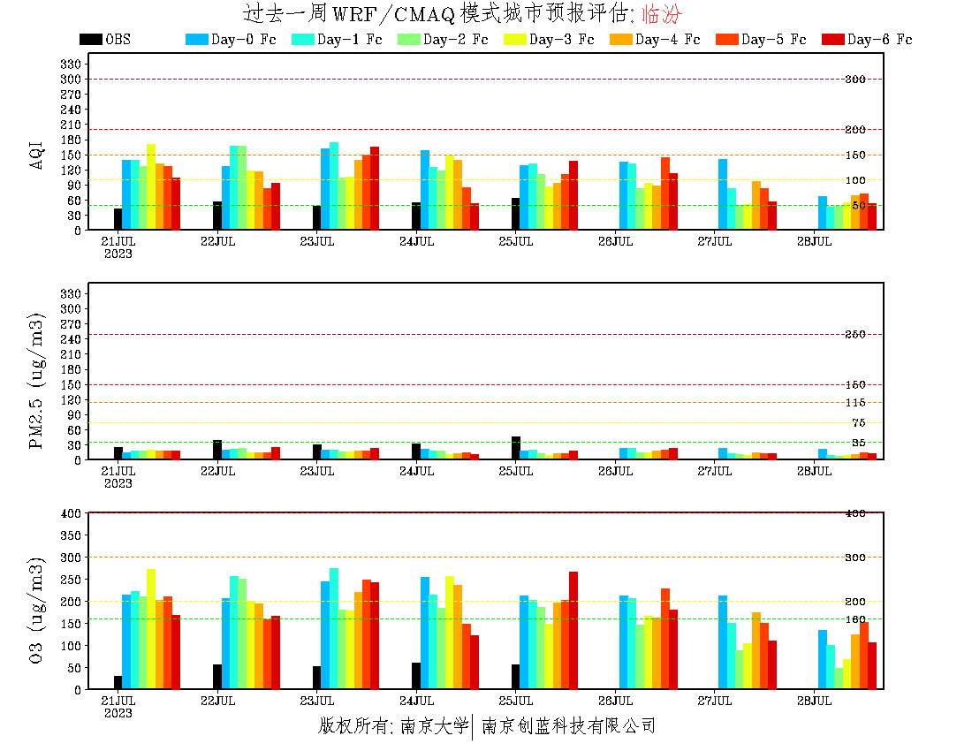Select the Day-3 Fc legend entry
(x=548, y=40)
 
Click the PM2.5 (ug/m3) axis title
(x=37, y=381)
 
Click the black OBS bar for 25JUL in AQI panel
(x=515, y=214)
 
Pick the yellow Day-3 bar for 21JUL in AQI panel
(x=151, y=186)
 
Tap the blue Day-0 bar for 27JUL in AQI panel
(x=723, y=194)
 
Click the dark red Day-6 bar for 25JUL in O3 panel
(x=573, y=630)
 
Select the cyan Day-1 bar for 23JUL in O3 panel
(x=333, y=628)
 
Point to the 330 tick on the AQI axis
(x=71, y=64)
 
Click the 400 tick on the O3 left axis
(x=71, y=512)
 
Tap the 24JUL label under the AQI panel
(x=416, y=241)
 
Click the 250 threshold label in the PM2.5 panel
(x=854, y=335)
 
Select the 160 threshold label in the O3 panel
(x=854, y=618)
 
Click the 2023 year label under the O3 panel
(x=118, y=713)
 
